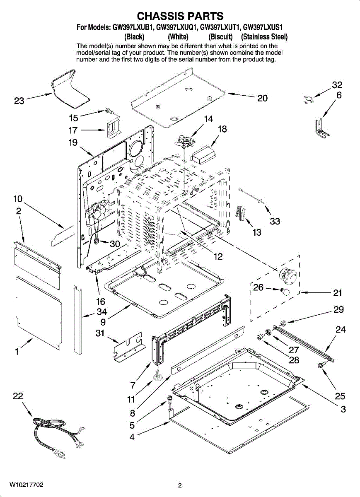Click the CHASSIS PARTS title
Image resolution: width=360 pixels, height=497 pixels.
(x=180, y=16)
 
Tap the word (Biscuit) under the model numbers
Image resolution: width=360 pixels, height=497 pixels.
(x=221, y=36)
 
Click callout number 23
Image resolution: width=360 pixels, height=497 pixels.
(x=19, y=101)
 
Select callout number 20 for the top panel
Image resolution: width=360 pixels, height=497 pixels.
(x=262, y=98)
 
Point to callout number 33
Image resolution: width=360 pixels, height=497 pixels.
(x=275, y=221)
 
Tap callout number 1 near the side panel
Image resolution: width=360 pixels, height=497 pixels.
(x=17, y=352)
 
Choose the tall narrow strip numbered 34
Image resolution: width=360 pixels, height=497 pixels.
(x=78, y=320)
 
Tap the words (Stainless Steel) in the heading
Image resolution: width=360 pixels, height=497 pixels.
(x=264, y=36)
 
